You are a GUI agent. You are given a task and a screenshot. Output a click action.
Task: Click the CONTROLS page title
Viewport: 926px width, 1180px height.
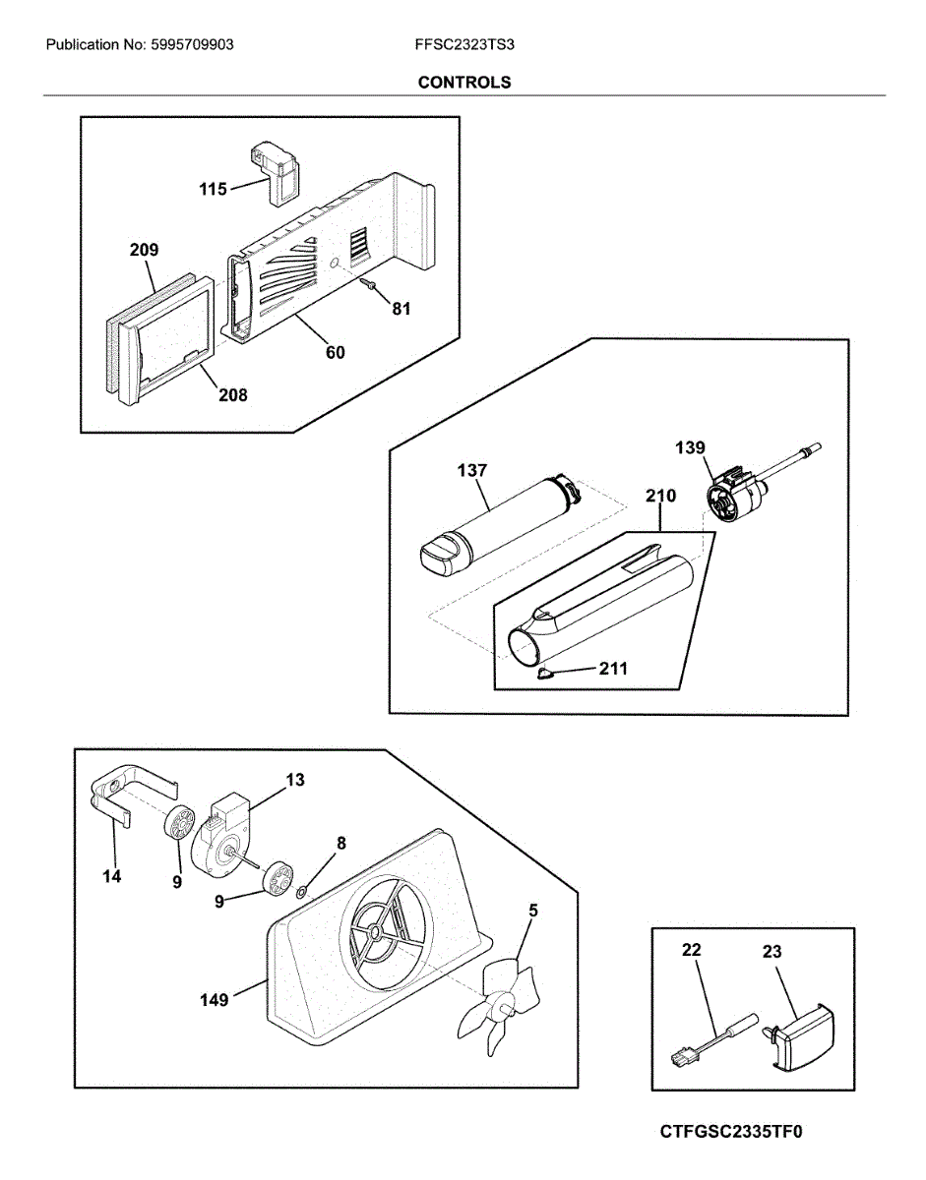tap(463, 83)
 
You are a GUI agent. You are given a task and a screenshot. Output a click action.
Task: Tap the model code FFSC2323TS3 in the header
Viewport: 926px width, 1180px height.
tap(464, 45)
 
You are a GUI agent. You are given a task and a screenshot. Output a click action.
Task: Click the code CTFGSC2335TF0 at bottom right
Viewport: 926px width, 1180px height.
tap(731, 1132)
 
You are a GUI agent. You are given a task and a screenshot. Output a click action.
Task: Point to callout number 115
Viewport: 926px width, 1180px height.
tap(214, 189)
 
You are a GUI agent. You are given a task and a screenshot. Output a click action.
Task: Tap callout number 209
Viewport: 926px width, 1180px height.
tap(144, 251)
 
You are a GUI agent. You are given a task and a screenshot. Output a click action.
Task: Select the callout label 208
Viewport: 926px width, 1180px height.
tap(233, 395)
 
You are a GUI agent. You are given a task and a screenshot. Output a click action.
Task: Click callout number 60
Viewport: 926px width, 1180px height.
tap(336, 352)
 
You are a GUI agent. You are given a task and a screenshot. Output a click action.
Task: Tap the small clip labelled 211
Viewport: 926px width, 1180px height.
tap(544, 674)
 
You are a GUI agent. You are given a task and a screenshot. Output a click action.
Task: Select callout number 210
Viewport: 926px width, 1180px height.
tap(660, 497)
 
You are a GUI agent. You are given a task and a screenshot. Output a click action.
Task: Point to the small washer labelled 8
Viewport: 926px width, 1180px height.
tap(301, 893)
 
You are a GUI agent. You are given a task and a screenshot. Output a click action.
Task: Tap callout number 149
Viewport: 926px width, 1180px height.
tap(215, 1000)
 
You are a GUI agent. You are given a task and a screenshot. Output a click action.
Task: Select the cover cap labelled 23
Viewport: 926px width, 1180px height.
tap(801, 1040)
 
